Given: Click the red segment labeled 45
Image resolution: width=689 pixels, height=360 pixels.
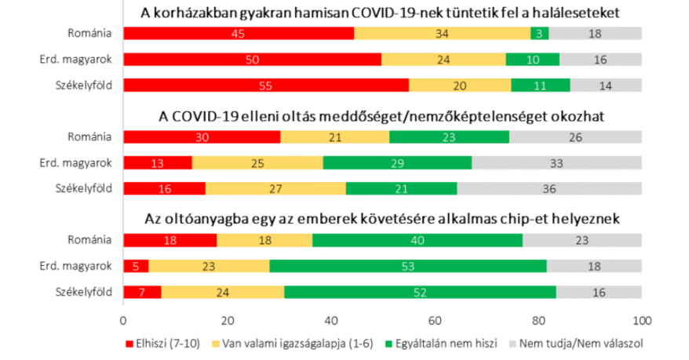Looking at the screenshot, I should [x=238, y=33].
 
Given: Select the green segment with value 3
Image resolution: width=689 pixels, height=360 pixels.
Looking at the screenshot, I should [x=540, y=33].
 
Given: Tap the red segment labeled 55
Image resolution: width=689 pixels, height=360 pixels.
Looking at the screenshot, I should [x=265, y=85].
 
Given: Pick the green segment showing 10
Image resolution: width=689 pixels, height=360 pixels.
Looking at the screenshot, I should [x=533, y=60].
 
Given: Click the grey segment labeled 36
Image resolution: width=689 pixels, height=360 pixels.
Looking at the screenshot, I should [x=549, y=188].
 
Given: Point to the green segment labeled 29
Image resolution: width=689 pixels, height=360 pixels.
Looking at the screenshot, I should [x=397, y=162].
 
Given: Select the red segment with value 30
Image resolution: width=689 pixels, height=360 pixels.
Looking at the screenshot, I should [x=202, y=136].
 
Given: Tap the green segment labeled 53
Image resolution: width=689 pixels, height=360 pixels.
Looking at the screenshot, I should [x=408, y=267].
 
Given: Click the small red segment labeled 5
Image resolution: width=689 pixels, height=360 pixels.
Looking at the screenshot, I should [x=136, y=267].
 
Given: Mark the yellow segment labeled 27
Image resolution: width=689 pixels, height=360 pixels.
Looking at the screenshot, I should [x=275, y=188].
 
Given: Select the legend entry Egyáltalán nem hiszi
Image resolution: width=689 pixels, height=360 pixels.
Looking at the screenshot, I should [x=430, y=344].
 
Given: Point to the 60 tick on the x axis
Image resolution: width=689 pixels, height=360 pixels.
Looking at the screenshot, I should [x=435, y=321].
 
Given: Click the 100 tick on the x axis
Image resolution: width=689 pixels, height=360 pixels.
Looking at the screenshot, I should [x=641, y=321].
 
